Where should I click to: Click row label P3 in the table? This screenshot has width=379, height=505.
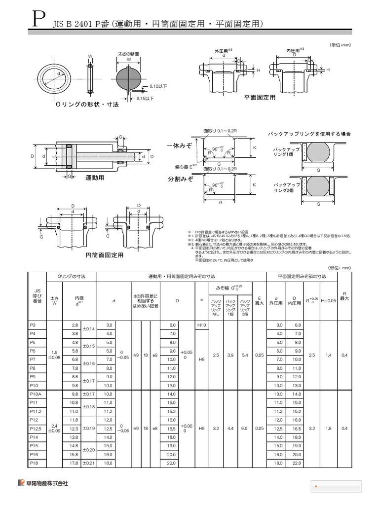(34, 325)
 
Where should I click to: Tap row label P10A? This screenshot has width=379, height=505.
(36, 394)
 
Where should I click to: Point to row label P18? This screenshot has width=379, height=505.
(35, 463)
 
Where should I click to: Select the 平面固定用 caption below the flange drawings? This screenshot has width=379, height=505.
(259, 98)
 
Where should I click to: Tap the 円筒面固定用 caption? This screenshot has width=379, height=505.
(104, 255)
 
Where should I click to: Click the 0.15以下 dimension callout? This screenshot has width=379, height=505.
(145, 98)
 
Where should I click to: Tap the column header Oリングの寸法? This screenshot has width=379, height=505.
(72, 277)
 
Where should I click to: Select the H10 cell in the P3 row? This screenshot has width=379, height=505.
(201, 325)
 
